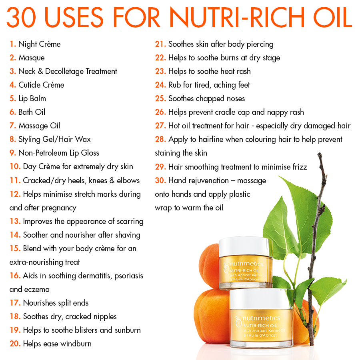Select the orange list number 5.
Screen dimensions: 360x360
[13, 98]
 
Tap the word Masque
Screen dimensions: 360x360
[32, 58]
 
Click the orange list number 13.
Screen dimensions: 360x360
[15, 221]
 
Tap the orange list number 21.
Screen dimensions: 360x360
[160, 44]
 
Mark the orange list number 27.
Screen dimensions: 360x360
[160, 126]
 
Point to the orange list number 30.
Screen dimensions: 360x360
[160, 180]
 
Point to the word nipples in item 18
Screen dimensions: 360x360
[103, 316]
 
